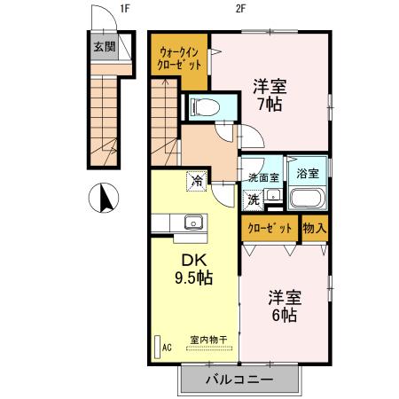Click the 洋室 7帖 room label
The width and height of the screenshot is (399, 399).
click(x=270, y=95)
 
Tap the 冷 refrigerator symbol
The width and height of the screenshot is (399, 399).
click(x=195, y=181)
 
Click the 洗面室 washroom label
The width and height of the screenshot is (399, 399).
click(x=263, y=177)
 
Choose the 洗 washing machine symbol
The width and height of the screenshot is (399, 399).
click(x=254, y=200)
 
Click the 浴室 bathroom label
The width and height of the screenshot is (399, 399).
click(x=309, y=174)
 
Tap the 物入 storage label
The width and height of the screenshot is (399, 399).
click(x=315, y=229)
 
